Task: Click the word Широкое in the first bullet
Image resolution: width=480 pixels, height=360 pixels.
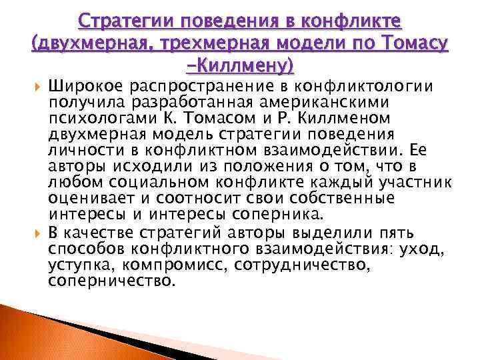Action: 86,85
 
